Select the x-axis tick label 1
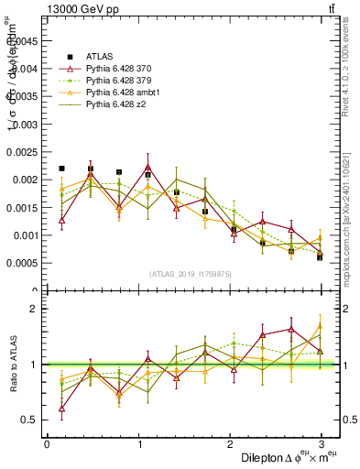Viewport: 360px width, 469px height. coord(138,443)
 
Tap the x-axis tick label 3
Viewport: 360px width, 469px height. coord(321,443)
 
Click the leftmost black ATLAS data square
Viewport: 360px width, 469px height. coord(61,169)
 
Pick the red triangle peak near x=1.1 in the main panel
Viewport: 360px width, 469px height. coord(147,167)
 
